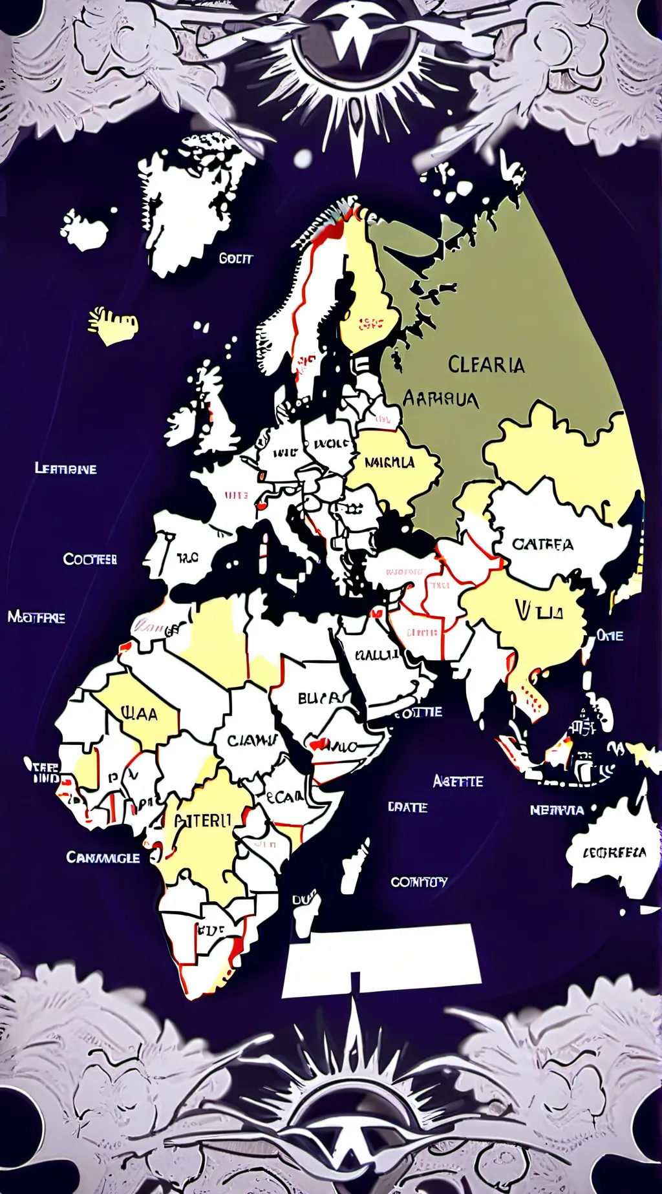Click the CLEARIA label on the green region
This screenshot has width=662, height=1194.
486,365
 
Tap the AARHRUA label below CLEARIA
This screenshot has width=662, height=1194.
440,398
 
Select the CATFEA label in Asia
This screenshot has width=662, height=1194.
542,545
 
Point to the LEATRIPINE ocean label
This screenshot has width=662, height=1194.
65,468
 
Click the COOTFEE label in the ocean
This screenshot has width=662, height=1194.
90,559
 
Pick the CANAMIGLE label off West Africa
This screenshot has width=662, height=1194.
103,857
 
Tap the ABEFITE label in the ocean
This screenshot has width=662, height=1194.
458,781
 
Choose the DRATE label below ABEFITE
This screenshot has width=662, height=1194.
407,807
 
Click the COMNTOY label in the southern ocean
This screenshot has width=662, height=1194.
419,881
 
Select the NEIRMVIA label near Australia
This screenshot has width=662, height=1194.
557,810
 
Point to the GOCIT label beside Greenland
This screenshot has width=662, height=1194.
235,258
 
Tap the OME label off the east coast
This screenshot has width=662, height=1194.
610,636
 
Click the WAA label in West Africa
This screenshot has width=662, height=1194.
139,714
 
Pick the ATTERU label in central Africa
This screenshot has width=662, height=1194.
202,821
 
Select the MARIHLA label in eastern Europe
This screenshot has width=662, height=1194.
390,463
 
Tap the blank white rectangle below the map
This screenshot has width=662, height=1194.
381,959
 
